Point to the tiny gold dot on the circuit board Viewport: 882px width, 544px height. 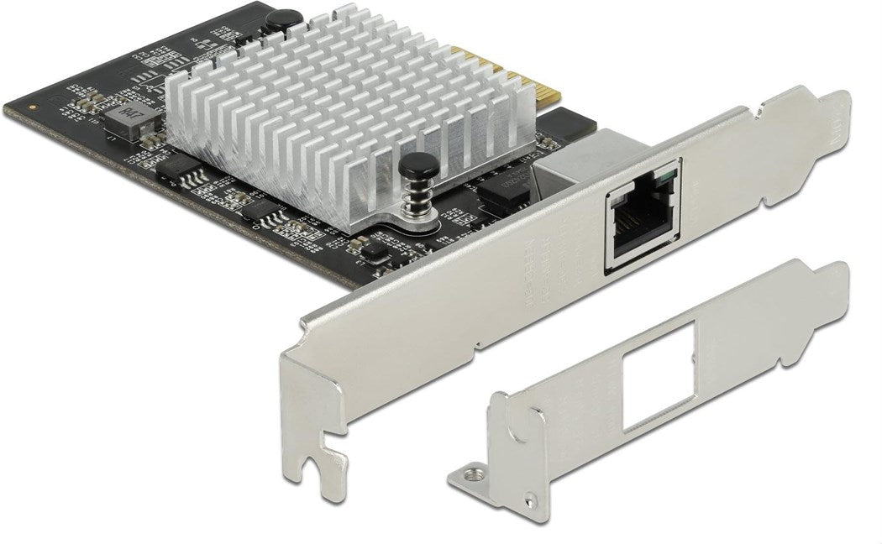click(32, 107)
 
